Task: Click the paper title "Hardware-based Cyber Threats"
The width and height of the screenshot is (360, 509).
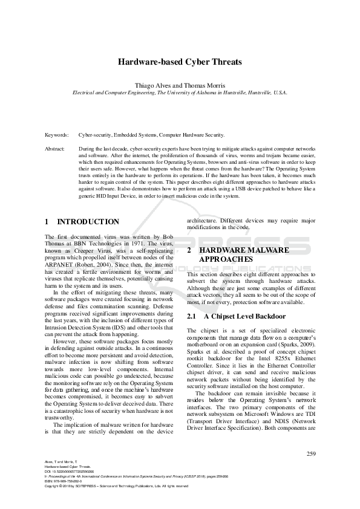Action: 180,62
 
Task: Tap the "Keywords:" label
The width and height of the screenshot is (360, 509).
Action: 57,136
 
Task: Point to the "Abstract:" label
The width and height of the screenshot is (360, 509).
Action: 56,148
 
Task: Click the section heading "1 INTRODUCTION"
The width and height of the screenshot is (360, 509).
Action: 82,222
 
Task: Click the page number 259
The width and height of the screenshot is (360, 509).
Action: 311,453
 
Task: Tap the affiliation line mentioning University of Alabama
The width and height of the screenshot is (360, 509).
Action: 180,93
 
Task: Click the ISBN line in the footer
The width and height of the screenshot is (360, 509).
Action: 63,482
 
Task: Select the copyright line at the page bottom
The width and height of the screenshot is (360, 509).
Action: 112,487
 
